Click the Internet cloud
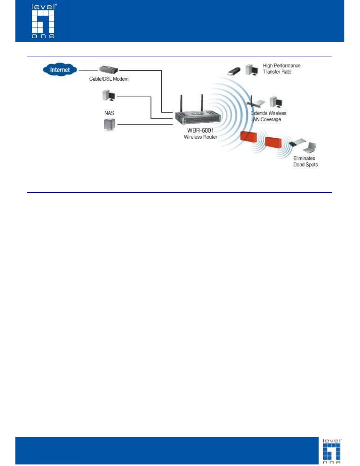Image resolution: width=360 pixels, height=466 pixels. [60, 69]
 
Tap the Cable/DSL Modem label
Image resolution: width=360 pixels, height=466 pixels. [109, 79]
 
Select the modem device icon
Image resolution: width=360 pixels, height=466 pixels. [108, 69]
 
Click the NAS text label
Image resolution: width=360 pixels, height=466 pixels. [109, 113]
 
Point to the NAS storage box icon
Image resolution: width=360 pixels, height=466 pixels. [109, 124]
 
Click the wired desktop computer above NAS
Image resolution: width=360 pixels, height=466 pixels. [109, 95]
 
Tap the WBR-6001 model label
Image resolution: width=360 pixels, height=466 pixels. [200, 130]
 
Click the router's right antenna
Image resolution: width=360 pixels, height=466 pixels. [202, 103]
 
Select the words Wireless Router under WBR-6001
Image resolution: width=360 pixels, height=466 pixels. [200, 137]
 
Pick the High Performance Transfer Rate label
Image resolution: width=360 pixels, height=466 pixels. [282, 69]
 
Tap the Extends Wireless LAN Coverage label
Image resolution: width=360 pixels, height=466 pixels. [268, 116]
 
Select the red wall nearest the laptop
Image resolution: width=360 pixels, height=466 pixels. [273, 142]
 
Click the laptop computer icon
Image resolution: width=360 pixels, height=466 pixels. [309, 148]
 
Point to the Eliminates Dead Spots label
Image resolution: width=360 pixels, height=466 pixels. [306, 161]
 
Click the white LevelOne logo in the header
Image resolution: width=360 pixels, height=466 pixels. [43, 21]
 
